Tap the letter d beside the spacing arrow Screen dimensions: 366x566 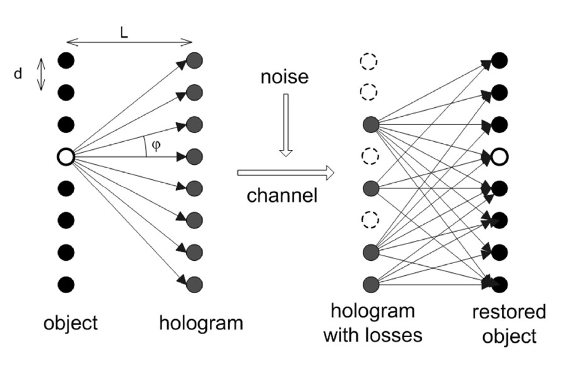click(18, 74)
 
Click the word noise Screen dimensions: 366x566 click(285, 77)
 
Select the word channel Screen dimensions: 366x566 click(282, 195)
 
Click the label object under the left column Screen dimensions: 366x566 click(70, 323)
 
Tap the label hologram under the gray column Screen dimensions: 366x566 click(201, 323)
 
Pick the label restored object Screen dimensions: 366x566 click(509, 323)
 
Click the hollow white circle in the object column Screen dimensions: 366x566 click(66, 156)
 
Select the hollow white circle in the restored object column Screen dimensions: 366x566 click(500, 156)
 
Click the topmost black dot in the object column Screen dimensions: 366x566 click(66, 61)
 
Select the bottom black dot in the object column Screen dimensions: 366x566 click(66, 283)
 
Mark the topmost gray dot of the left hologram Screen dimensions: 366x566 click(195, 61)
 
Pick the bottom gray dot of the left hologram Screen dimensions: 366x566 click(195, 283)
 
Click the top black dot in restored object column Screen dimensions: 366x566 click(500, 61)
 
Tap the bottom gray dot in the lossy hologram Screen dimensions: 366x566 click(370, 283)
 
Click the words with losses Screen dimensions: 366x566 click(372, 335)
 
